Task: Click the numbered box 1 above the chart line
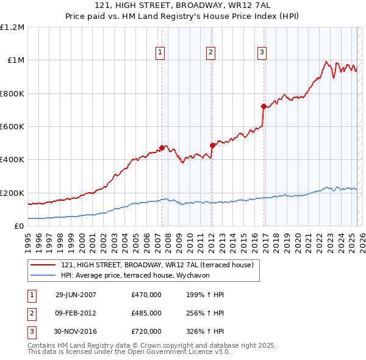coord(160,53)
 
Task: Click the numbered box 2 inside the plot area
coord(210,53)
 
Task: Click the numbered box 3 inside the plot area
coord(262,53)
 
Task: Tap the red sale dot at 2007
coord(162,148)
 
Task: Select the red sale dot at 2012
coord(212,145)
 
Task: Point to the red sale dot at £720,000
coord(264,106)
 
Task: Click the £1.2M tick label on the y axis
coord(12,27)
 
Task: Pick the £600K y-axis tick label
coord(12,127)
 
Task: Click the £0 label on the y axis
coord(18,226)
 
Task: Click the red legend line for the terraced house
coord(43,265)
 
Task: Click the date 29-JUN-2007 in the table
coord(76,295)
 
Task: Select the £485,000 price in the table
coord(146,313)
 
